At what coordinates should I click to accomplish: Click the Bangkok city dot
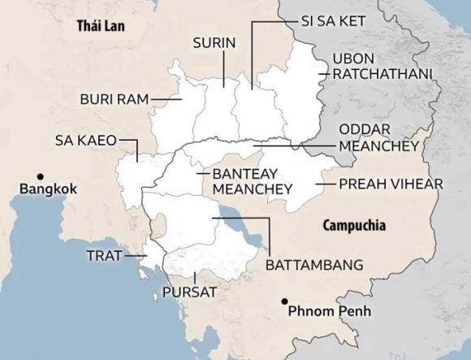38,176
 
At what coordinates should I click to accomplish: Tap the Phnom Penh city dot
283,301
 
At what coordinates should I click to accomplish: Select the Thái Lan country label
101,25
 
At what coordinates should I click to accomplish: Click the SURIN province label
214,42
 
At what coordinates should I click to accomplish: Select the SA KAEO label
85,139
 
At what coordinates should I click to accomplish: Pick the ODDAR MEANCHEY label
378,137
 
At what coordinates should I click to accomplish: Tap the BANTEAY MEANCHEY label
252,181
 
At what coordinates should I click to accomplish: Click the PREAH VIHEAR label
391,184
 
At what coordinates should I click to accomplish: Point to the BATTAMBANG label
313,265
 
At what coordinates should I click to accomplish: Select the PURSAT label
190,291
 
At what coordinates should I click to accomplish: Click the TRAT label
103,255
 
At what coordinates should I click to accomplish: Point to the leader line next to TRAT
133,255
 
